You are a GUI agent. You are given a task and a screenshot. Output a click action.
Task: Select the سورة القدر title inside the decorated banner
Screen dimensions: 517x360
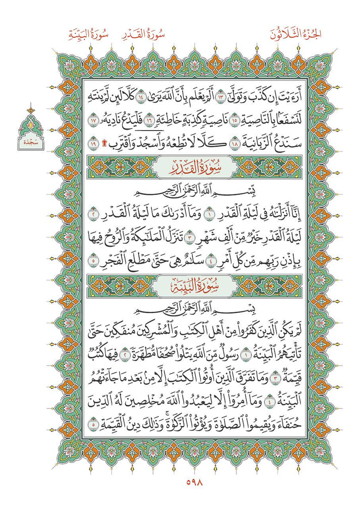[180, 167]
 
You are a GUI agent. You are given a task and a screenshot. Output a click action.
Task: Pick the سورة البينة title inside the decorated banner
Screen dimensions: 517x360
[180, 286]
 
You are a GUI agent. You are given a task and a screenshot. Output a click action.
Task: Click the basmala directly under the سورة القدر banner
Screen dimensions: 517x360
[180, 192]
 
